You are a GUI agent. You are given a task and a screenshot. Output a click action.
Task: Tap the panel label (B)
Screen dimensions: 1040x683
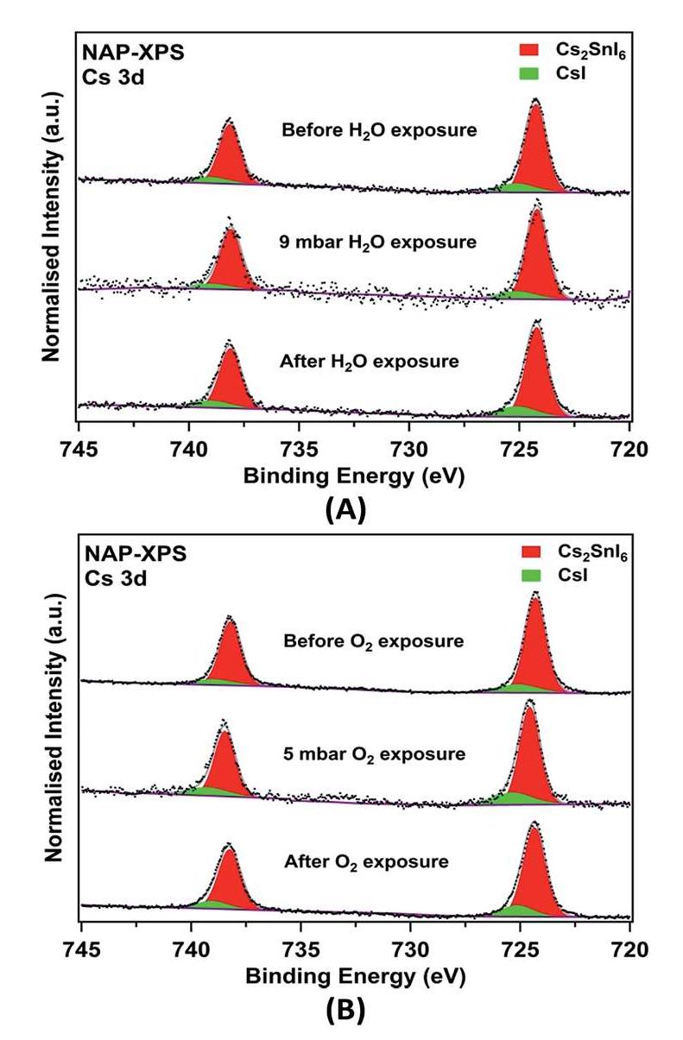tap(345, 1011)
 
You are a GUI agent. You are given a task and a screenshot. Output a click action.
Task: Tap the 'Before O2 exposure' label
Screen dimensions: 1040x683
tap(373, 642)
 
